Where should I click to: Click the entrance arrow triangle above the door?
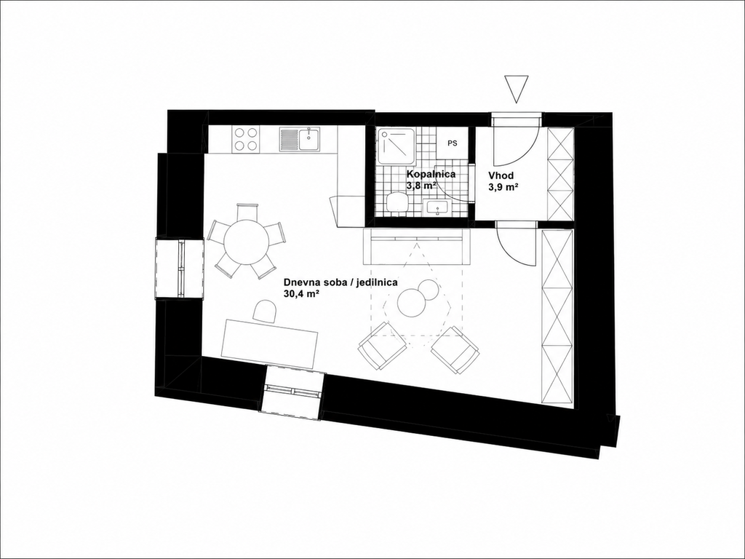516,88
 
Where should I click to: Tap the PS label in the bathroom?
453,143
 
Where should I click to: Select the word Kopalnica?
431,175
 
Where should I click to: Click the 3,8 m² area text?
421,186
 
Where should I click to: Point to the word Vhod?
501,176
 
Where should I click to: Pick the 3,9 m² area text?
503,188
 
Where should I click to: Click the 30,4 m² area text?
301,294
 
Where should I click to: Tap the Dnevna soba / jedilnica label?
340,282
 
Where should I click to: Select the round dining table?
246,240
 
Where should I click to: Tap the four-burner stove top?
246,139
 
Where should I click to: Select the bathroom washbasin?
437,207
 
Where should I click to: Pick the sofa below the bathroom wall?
416,246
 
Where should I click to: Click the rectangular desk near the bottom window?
271,344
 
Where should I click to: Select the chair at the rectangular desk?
265,312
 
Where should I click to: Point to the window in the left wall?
180,269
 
